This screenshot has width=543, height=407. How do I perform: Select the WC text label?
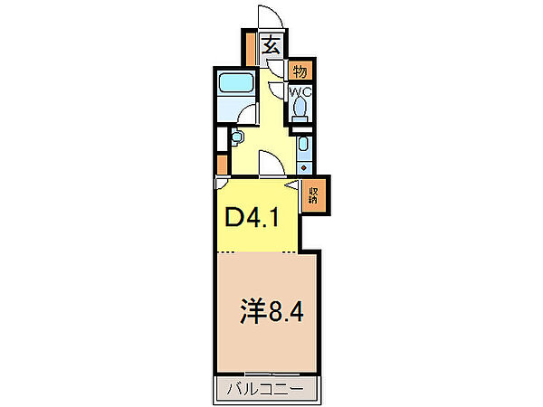(x=300, y=92)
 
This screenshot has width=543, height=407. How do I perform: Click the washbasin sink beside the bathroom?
(x=238, y=137)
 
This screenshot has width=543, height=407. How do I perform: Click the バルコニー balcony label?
(x=268, y=391)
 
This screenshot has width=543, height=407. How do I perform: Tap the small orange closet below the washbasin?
(x=222, y=164)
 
